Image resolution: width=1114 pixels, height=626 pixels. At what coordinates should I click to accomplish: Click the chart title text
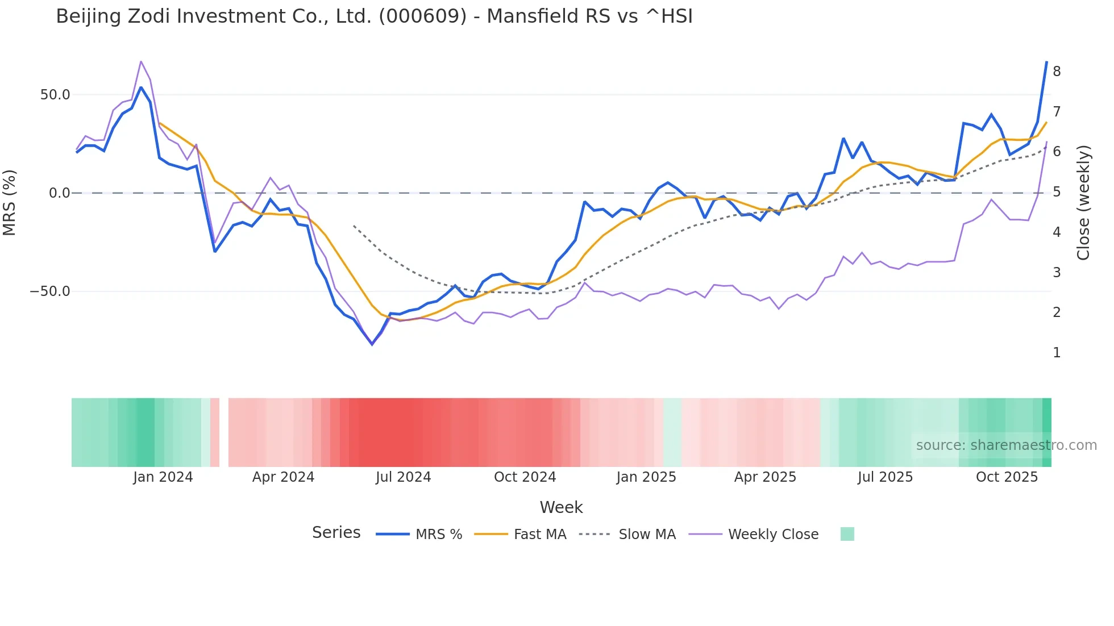[x=374, y=16]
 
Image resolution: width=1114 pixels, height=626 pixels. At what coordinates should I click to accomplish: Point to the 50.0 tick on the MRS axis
[x=55, y=95]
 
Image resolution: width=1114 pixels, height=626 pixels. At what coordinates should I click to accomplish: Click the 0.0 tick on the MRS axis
[x=60, y=193]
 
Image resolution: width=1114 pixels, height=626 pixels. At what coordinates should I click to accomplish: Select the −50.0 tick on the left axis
[x=50, y=291]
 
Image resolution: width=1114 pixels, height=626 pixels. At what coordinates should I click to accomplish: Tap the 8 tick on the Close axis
[x=1057, y=72]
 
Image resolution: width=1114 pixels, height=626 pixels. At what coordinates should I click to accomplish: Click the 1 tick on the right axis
[x=1057, y=353]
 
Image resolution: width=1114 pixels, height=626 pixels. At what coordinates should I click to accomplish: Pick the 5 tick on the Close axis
[x=1057, y=192]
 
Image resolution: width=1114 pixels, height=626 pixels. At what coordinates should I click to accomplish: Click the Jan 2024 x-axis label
[x=163, y=477]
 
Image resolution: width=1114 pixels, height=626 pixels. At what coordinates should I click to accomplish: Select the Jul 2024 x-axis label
[x=404, y=477]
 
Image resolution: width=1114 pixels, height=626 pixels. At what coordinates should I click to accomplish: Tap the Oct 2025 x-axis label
[x=1007, y=477]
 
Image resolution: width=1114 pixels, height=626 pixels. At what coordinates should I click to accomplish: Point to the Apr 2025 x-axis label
[x=765, y=477]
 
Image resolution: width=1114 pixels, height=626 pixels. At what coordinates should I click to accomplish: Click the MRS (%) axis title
[x=10, y=202]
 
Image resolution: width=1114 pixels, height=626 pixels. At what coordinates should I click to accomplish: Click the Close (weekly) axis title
[x=1083, y=203]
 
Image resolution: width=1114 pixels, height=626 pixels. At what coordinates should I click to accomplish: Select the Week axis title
[x=561, y=507]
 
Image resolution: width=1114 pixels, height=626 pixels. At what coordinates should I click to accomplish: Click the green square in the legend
[x=847, y=534]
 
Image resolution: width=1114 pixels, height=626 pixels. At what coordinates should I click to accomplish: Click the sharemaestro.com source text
[x=1006, y=445]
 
